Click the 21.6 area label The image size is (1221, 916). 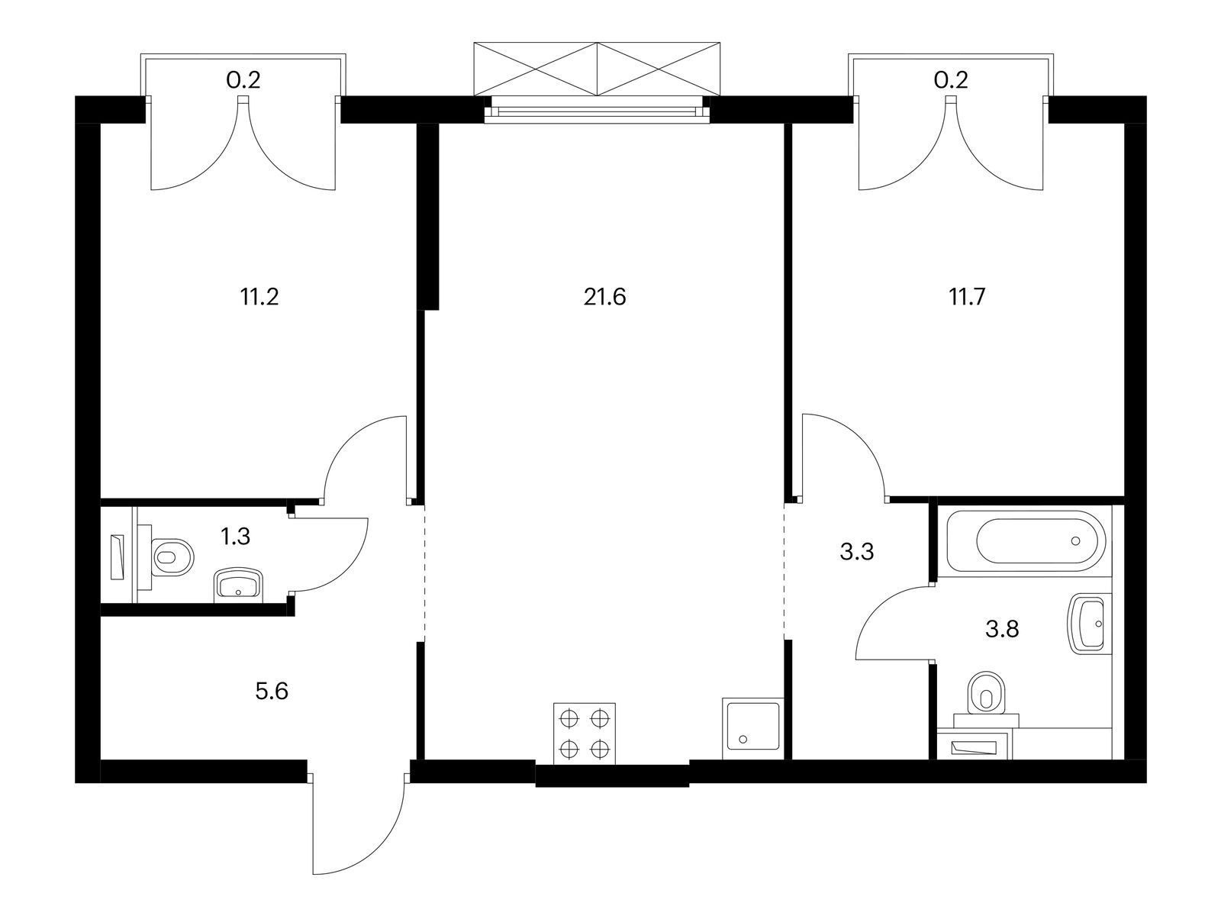[604, 297]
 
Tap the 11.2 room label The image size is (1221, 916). [259, 297]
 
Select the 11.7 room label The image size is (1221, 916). [967, 297]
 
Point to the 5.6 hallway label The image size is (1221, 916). [272, 692]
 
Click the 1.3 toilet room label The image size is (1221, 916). [235, 537]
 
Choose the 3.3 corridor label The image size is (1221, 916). [857, 552]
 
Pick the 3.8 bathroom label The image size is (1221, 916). [1002, 630]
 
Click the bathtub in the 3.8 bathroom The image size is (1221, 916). [1025, 541]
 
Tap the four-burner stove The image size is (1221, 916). [585, 734]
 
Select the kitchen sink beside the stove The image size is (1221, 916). [753, 728]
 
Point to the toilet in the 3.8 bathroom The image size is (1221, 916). [986, 700]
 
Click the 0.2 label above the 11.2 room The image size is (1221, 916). [243, 81]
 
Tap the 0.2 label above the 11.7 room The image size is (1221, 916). [951, 81]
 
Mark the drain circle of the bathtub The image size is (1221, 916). [1075, 540]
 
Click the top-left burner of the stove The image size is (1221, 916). [569, 719]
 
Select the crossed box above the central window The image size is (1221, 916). [597, 69]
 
